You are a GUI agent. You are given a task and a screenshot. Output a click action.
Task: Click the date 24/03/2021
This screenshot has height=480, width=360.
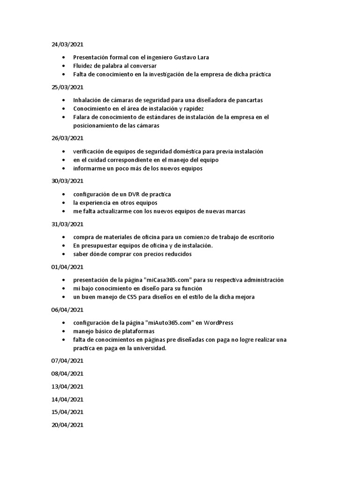[x=67, y=45]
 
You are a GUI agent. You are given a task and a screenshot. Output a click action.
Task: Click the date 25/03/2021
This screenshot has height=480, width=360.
[x=67, y=87]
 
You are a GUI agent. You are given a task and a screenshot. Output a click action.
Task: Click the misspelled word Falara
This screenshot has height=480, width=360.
[x=82, y=117]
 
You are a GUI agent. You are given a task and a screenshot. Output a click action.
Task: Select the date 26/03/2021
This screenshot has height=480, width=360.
[x=67, y=138]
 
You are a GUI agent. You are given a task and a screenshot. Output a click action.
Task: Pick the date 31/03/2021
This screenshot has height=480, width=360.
[x=67, y=224]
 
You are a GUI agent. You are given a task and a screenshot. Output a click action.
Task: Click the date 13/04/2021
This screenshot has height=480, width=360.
[x=67, y=387]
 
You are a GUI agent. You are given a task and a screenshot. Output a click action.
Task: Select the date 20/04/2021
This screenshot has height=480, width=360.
[x=67, y=425]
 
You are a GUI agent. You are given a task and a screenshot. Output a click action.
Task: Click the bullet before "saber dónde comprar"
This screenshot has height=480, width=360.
[x=63, y=255]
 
